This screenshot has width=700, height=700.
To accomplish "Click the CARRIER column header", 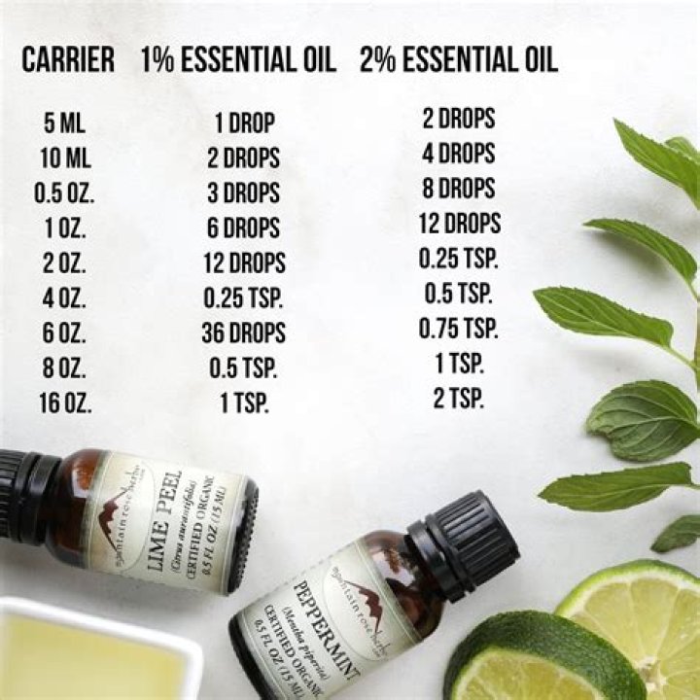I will pos(67,60).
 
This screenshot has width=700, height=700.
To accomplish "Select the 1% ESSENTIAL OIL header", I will pos(238,60).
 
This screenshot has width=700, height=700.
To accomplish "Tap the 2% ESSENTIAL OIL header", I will pos(459,60).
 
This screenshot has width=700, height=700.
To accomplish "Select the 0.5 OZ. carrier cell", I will pos(65,193).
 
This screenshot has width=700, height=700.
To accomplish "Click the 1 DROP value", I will pos(245,123).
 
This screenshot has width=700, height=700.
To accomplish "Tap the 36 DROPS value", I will pos(245,332).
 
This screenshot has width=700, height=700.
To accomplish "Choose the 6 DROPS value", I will pos(245,228).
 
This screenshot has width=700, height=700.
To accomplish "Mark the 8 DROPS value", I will pos(459,189).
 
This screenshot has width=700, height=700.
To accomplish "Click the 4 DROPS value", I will pos(459,154).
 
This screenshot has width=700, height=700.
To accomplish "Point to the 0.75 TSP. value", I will pos(459,329).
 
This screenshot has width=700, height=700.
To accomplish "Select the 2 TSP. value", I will pos(459,399).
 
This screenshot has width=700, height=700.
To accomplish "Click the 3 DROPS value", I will pos(245,193).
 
